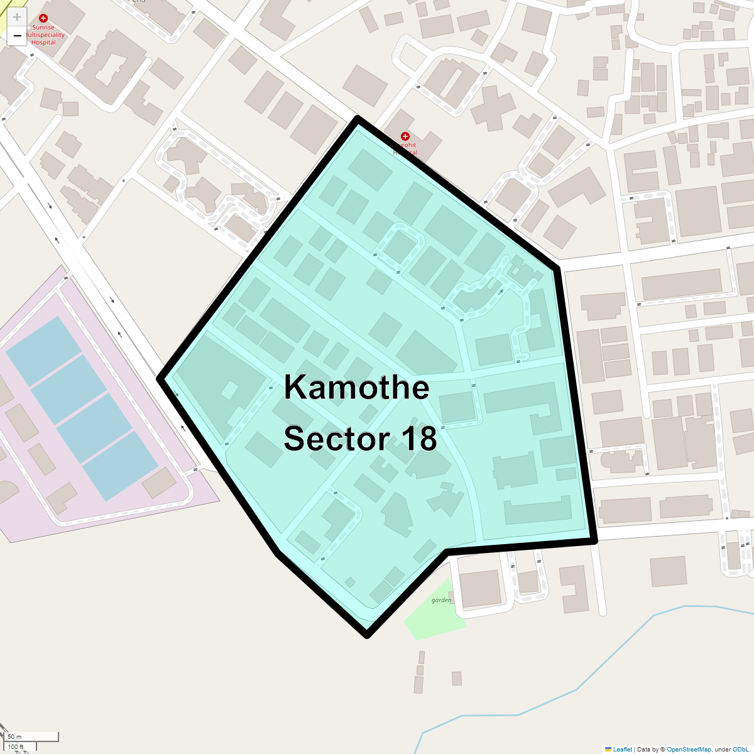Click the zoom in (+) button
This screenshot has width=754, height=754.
(x=17, y=18)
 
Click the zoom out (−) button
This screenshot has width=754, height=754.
(x=17, y=36)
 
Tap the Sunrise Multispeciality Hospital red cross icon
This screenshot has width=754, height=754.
(x=43, y=19)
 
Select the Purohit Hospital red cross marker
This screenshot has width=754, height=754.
(x=405, y=136)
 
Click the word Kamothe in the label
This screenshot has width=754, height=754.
(x=356, y=387)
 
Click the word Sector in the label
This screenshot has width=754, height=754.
(x=339, y=439)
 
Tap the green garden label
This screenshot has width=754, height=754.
(x=441, y=600)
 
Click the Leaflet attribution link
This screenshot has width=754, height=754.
(x=622, y=750)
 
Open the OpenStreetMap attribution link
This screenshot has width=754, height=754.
(x=689, y=750)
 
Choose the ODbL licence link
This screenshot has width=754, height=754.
(x=740, y=750)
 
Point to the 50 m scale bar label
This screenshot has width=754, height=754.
(x=15, y=736)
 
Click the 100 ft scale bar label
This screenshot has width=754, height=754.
(x=16, y=747)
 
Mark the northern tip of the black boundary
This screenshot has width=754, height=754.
(x=357, y=118)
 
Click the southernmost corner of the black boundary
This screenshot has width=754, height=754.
(x=368, y=635)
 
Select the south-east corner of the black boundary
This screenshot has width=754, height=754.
(x=594, y=540)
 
